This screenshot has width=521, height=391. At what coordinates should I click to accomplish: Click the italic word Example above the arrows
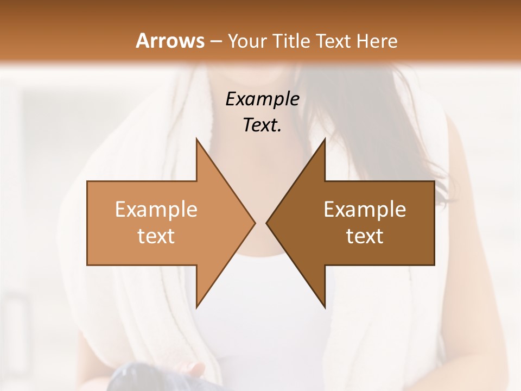click(263, 99)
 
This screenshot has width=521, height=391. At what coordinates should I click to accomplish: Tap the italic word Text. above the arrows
click(263, 125)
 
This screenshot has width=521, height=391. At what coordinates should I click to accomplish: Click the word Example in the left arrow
click(156, 210)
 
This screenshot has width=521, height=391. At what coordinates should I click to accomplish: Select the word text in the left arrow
click(156, 236)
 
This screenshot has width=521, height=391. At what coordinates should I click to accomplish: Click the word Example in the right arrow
click(365, 210)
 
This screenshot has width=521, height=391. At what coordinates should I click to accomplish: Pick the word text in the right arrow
click(365, 236)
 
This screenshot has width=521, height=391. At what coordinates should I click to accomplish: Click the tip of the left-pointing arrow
click(268, 223)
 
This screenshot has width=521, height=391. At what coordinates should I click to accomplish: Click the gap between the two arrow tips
click(260, 223)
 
